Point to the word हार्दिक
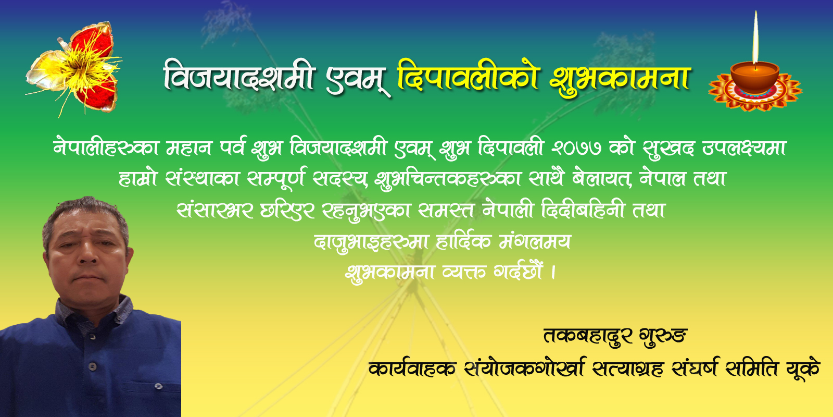click(x=463, y=242)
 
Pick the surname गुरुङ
click(x=663, y=337)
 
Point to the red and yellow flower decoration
click(x=74, y=69)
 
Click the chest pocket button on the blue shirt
click(x=159, y=386)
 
